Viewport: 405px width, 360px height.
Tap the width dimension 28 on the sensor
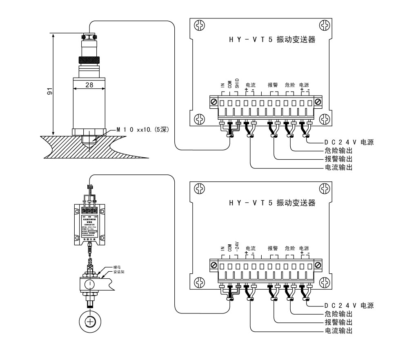89,85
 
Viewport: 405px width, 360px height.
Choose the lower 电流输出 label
338,330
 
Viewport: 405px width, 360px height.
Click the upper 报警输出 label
338,159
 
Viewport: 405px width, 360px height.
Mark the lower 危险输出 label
338,313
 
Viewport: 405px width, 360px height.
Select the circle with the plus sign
89,322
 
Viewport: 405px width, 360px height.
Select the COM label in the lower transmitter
229,248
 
